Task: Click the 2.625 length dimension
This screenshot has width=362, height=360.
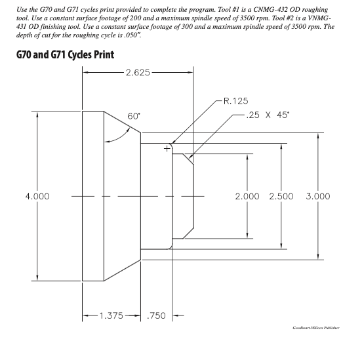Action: pos(138,72)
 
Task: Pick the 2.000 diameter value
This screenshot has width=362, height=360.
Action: pos(247,196)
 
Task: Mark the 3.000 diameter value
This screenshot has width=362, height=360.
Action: pos(317,196)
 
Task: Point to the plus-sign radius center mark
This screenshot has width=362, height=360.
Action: pos(167,149)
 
